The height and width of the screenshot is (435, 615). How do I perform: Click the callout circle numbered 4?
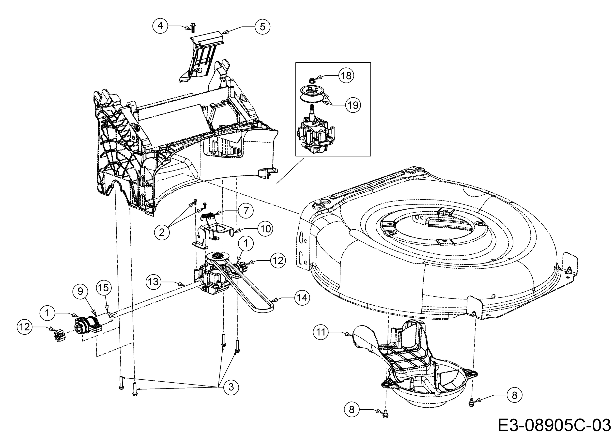click(x=160, y=26)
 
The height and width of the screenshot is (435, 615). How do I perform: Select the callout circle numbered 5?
click(x=262, y=27)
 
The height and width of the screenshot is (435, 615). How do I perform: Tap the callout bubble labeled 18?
click(x=346, y=76)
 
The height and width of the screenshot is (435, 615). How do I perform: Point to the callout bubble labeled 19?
click(x=353, y=105)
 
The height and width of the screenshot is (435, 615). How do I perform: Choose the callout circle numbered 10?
click(x=265, y=229)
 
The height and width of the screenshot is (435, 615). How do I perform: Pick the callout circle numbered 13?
click(x=154, y=282)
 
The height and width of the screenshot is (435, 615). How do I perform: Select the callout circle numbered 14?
click(x=302, y=298)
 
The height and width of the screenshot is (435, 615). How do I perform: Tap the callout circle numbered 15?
click(x=104, y=288)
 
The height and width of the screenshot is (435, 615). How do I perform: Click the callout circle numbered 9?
click(x=80, y=291)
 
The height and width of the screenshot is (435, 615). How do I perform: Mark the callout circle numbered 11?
click(x=321, y=332)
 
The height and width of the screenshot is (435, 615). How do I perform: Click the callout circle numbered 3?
click(x=231, y=387)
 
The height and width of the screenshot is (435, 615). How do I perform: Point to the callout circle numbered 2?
click(x=162, y=232)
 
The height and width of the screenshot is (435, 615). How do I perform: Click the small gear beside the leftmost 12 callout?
click(x=57, y=335)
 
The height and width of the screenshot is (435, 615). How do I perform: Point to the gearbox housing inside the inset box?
click(x=315, y=137)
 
